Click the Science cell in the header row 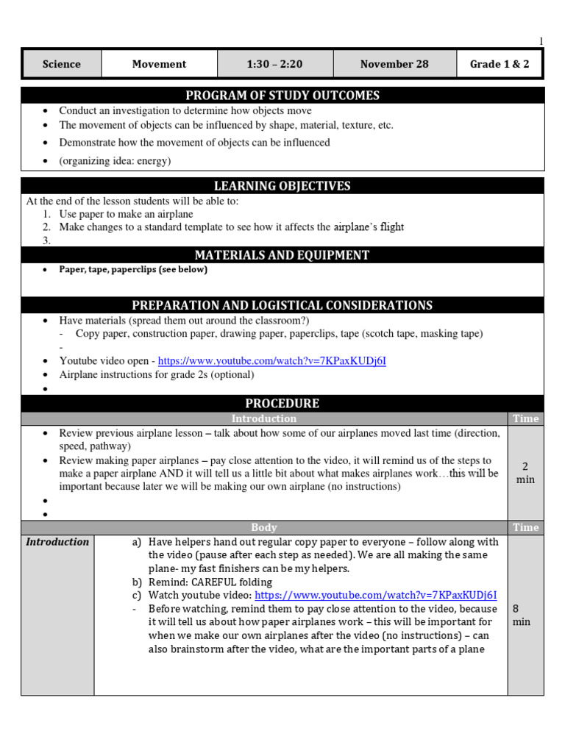point(62,64)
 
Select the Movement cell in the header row point(159,64)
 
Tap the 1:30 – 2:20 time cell point(274,64)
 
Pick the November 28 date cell point(394,64)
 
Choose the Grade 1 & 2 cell point(500,64)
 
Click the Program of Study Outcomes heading point(282,96)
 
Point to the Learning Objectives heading point(282,186)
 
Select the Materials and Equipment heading point(282,255)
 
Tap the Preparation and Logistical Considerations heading point(282,305)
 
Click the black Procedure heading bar point(282,403)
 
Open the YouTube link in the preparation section point(271,361)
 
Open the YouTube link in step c point(375,596)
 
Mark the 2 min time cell point(525,473)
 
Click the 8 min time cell point(521,615)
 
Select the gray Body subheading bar point(263,527)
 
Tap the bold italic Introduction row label point(57,542)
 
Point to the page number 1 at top point(541,41)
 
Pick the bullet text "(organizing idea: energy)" point(115,161)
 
